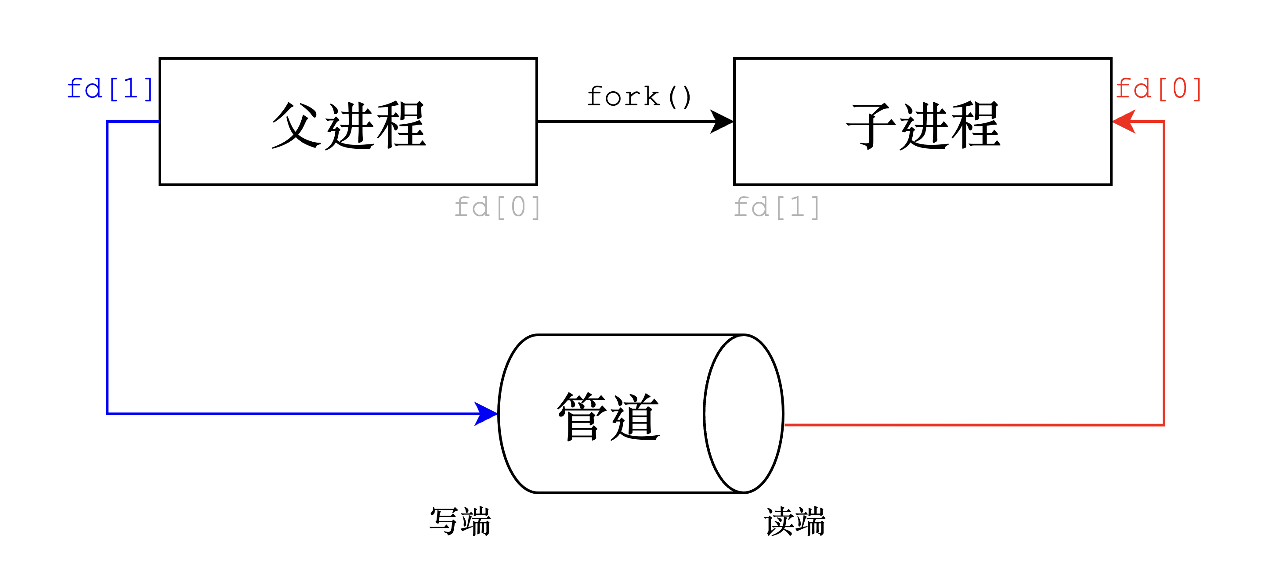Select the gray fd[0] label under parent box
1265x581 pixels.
point(497,207)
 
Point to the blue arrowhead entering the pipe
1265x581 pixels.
point(486,414)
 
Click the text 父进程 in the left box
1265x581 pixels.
point(349,125)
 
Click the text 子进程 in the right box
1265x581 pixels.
point(923,125)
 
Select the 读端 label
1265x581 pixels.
point(795,521)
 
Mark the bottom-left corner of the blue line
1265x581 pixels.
point(107,414)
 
